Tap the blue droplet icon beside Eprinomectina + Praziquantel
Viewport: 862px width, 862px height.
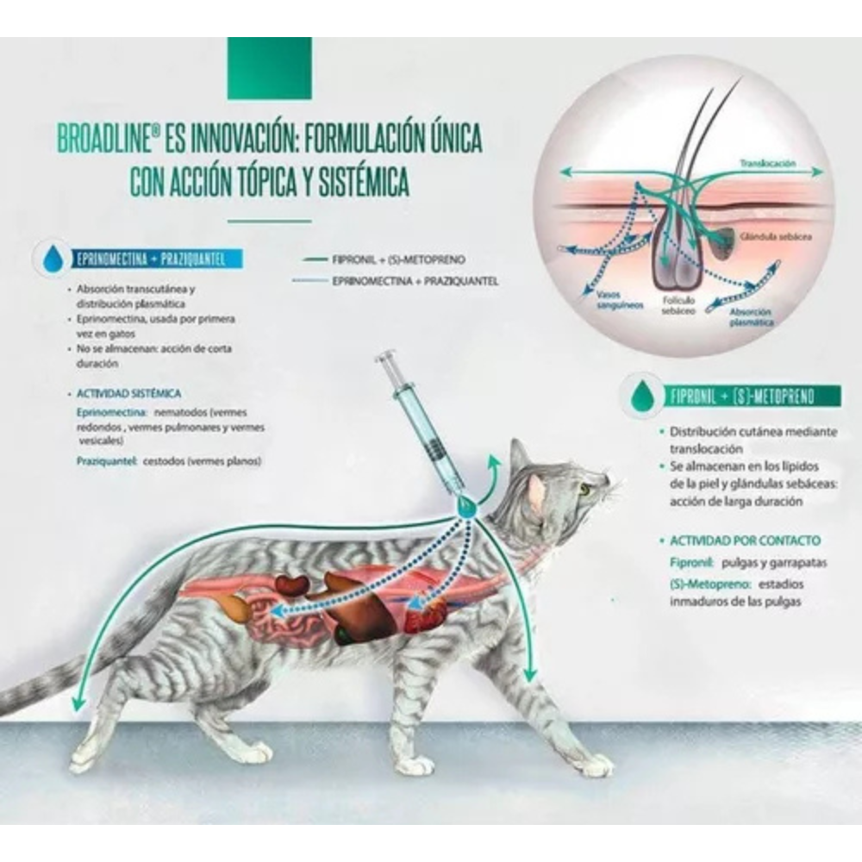[51, 258]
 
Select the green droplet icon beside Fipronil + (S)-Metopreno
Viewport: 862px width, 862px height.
[640, 396]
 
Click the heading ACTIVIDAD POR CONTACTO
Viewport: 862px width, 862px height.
[745, 540]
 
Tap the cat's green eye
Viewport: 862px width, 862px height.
[586, 489]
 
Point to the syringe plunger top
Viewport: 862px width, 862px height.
[386, 355]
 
